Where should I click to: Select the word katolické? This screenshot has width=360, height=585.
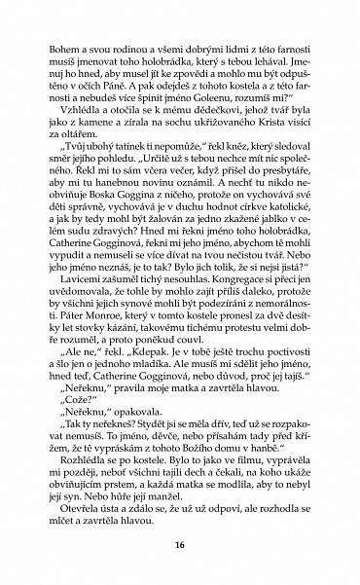[269, 277]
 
